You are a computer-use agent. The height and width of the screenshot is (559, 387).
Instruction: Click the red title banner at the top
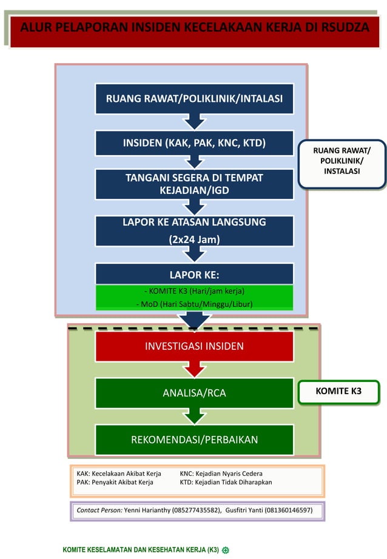tap(194, 28)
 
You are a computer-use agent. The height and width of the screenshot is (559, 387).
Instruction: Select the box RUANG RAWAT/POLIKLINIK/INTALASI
tap(194, 98)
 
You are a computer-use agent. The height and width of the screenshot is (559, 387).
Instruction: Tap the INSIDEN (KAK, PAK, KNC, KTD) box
tap(194, 143)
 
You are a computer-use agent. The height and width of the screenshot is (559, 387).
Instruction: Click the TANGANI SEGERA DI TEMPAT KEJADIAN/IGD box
tap(194, 184)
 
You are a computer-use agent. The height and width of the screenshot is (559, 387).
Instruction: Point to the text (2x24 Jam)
tap(194, 239)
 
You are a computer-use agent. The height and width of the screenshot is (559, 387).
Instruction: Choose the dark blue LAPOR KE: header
tap(194, 273)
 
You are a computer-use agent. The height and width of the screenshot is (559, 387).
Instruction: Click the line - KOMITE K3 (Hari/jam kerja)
tap(194, 292)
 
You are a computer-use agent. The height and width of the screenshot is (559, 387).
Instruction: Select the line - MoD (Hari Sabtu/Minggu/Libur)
tap(194, 304)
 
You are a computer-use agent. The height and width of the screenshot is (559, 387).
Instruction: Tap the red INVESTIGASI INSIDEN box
tap(194, 346)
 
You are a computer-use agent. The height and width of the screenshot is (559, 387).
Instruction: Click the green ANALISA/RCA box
tap(194, 393)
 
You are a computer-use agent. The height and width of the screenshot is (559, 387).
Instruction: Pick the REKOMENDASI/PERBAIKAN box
tap(194, 440)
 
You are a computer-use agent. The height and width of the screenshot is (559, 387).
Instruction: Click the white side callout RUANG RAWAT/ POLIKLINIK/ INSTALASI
tap(342, 161)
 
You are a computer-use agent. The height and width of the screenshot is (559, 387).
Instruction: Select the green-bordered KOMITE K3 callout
tap(338, 392)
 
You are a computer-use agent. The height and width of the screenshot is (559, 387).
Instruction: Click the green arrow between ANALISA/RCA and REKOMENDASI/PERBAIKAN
tap(194, 416)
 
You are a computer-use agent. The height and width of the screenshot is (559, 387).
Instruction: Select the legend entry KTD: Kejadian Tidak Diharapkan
tap(226, 483)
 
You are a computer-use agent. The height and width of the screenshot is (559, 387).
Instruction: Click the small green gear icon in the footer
tap(225, 550)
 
